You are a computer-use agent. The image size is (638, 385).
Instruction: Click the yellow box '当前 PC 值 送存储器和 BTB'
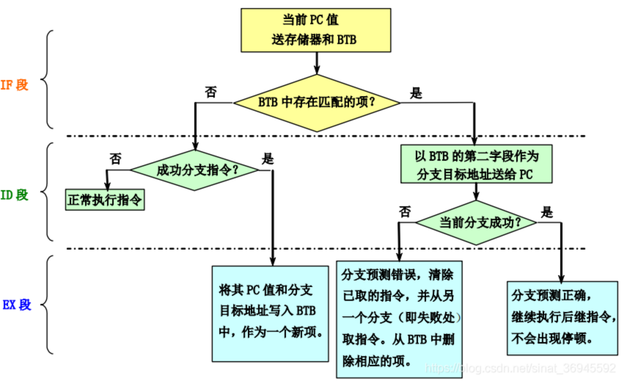point(316,30)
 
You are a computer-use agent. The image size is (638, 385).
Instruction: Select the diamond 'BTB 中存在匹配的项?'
point(316,102)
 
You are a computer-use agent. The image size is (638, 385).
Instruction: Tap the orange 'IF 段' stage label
point(14,85)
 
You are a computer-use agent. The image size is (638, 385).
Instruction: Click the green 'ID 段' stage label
point(14,195)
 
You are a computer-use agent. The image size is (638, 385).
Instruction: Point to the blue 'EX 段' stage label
point(16,305)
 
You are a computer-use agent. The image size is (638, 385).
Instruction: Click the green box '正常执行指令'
point(105,200)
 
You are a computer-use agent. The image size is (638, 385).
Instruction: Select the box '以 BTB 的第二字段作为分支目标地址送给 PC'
point(476,164)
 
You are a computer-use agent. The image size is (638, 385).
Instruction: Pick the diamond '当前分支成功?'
point(476,222)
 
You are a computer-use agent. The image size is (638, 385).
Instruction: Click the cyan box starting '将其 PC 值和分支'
point(270,314)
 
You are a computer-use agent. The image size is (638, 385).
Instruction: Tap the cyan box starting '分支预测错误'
point(399,319)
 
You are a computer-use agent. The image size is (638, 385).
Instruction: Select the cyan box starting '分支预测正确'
point(562,318)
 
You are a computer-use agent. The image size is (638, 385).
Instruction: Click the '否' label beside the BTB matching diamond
point(211,92)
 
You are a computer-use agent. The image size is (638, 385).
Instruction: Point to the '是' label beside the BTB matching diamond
point(416,93)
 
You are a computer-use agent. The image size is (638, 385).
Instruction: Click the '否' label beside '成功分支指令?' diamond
point(115,159)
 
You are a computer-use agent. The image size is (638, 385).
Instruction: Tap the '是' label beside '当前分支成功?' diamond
point(547,212)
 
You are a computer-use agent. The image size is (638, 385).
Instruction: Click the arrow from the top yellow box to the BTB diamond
point(317,63)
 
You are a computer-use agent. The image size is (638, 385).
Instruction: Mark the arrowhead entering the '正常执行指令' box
point(107,186)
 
